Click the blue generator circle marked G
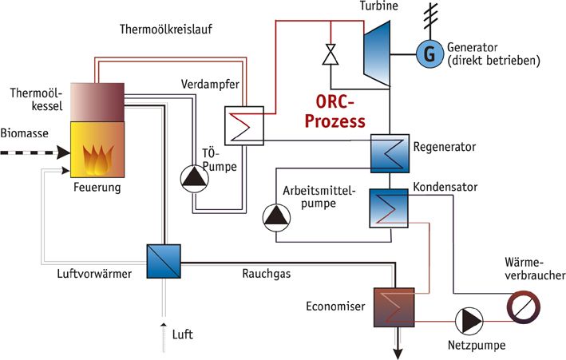click(x=428, y=53)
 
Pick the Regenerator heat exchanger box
click(x=390, y=152)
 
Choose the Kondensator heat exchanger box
click(x=390, y=207)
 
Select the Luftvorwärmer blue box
click(x=164, y=260)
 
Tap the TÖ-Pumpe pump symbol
click(x=192, y=180)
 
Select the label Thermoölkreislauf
click(x=167, y=30)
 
